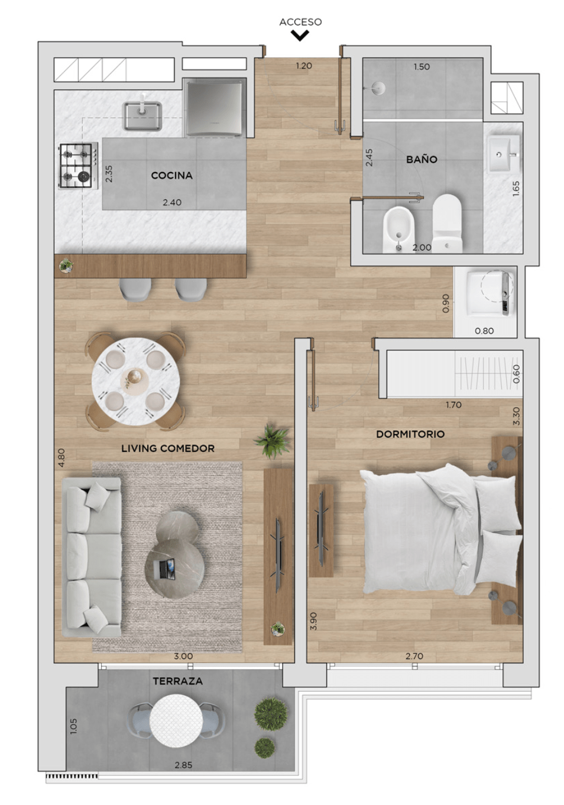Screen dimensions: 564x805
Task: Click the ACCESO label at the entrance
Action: click(x=300, y=22)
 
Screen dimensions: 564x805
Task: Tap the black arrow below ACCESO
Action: click(x=300, y=35)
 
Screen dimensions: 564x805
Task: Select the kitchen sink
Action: click(x=142, y=115)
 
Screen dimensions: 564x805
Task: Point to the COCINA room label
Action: click(x=172, y=176)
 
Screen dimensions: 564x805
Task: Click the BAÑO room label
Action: click(x=422, y=159)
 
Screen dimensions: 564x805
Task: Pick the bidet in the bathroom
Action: click(x=398, y=229)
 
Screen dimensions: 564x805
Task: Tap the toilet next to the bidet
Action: click(x=447, y=223)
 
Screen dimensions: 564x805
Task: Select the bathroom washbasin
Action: click(x=504, y=154)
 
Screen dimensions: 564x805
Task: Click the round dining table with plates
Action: click(x=135, y=381)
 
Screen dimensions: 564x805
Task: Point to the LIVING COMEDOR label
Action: click(x=168, y=448)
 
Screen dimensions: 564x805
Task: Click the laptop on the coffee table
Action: click(x=164, y=569)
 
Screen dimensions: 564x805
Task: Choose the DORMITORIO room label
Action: click(x=410, y=434)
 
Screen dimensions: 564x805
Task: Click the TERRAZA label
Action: click(x=177, y=681)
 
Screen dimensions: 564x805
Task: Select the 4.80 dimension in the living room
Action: click(x=61, y=457)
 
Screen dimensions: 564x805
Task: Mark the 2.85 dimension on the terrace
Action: click(x=183, y=765)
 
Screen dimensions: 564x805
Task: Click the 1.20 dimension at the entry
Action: click(x=304, y=66)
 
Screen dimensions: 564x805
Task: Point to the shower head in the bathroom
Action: click(x=378, y=87)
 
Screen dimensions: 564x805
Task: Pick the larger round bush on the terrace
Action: click(x=271, y=714)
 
